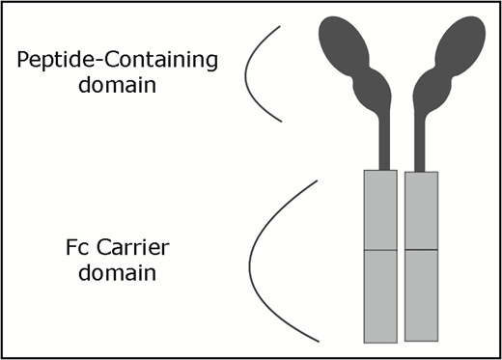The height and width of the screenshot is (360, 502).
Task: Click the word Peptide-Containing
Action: (117, 61)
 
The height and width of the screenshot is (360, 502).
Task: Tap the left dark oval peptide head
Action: (349, 43)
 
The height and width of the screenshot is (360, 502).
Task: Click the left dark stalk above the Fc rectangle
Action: (385, 145)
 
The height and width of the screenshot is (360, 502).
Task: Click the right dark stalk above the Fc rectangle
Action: (416, 145)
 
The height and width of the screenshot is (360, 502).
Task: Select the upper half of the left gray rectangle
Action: (379, 210)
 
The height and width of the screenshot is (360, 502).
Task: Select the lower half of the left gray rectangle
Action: (379, 295)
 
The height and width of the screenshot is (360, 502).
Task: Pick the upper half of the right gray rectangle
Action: (421, 210)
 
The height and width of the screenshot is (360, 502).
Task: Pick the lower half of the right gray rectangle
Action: (421, 294)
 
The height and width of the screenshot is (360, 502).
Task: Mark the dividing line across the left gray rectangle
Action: (379, 251)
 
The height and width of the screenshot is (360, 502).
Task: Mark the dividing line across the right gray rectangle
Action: (421, 250)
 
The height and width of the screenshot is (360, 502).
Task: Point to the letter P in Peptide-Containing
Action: (24, 61)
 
